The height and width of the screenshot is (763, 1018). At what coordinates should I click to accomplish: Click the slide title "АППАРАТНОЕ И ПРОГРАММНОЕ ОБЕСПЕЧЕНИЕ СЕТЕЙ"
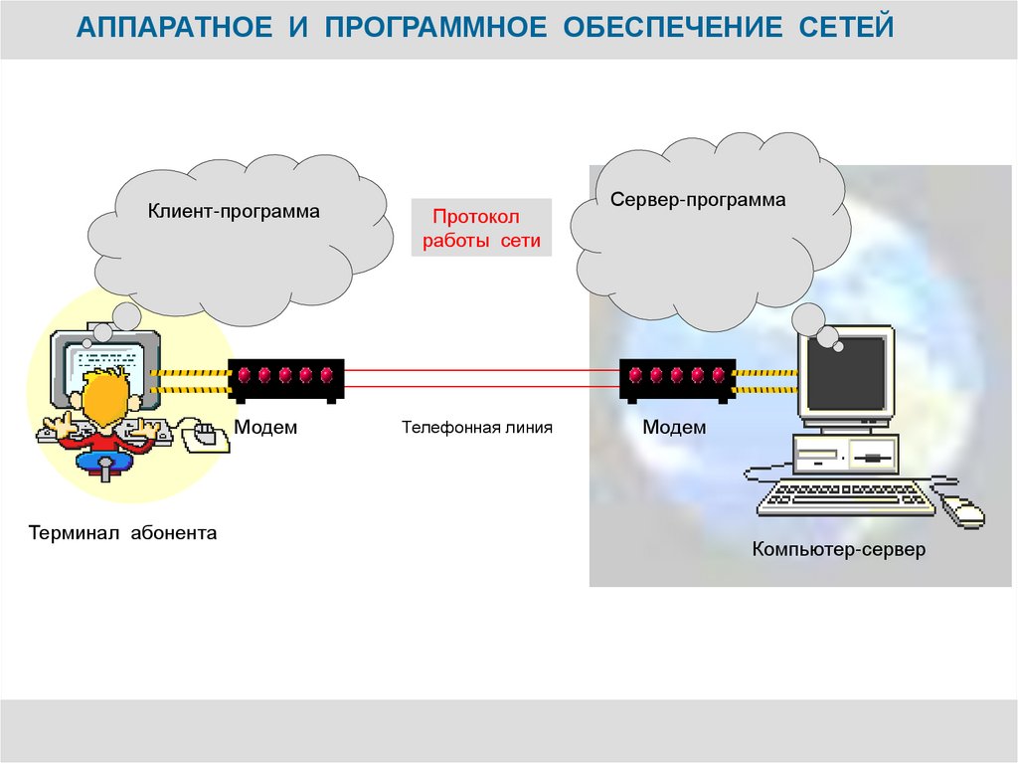pyautogui.click(x=486, y=28)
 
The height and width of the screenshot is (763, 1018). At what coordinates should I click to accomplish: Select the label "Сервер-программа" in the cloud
pyautogui.click(x=698, y=200)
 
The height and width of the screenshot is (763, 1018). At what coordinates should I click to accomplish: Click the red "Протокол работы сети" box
pyautogui.click(x=481, y=229)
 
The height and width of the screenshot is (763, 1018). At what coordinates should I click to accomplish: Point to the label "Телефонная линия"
pyautogui.click(x=476, y=427)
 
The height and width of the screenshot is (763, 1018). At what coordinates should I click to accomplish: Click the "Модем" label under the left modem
pyautogui.click(x=265, y=428)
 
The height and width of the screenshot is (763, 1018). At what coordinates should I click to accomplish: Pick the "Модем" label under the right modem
pyautogui.click(x=674, y=428)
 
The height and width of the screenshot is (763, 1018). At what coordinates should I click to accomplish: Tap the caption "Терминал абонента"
pyautogui.click(x=123, y=533)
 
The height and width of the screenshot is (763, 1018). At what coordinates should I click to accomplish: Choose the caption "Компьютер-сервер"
pyautogui.click(x=838, y=549)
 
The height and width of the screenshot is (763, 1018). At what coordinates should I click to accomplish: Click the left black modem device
pyautogui.click(x=286, y=378)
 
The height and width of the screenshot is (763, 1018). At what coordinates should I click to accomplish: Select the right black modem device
pyautogui.click(x=676, y=378)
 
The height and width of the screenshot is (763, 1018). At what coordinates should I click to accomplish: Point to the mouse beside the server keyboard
pyautogui.click(x=962, y=511)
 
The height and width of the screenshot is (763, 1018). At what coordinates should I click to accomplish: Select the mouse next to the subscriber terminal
pyautogui.click(x=206, y=434)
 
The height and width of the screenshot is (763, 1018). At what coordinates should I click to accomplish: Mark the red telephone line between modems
pyautogui.click(x=482, y=377)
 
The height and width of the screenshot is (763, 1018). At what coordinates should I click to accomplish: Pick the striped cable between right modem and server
pyautogui.click(x=765, y=379)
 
